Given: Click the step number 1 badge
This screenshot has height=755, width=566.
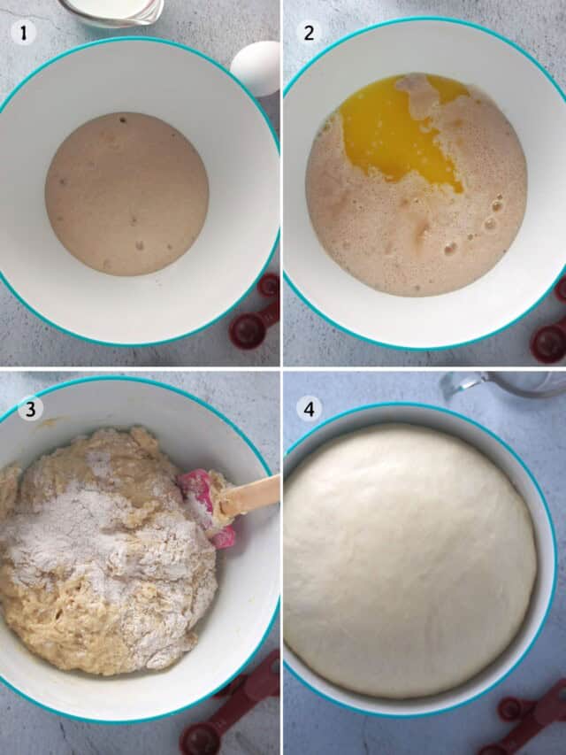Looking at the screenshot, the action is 23,34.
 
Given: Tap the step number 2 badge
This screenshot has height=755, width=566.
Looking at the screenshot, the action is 309,33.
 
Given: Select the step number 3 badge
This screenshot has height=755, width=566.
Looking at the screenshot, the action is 30,408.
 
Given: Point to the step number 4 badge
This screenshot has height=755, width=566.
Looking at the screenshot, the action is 309,409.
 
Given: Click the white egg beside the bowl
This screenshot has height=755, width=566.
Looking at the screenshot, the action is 256,68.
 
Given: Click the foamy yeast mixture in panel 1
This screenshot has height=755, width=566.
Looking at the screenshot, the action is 127,194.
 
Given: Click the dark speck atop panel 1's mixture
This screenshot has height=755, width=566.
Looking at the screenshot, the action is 123,119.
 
